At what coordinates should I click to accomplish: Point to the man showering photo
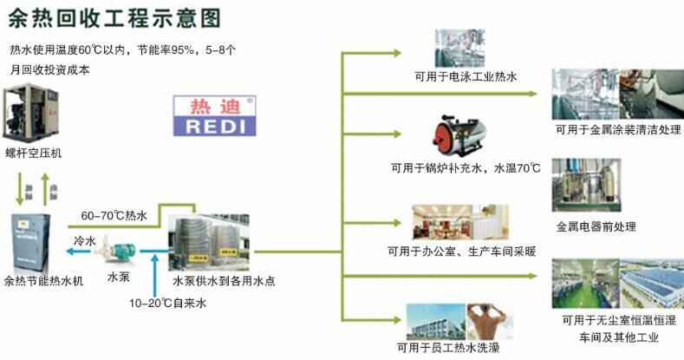(490, 320)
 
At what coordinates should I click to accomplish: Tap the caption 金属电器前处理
(596, 226)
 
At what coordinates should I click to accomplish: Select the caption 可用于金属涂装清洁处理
(617, 130)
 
